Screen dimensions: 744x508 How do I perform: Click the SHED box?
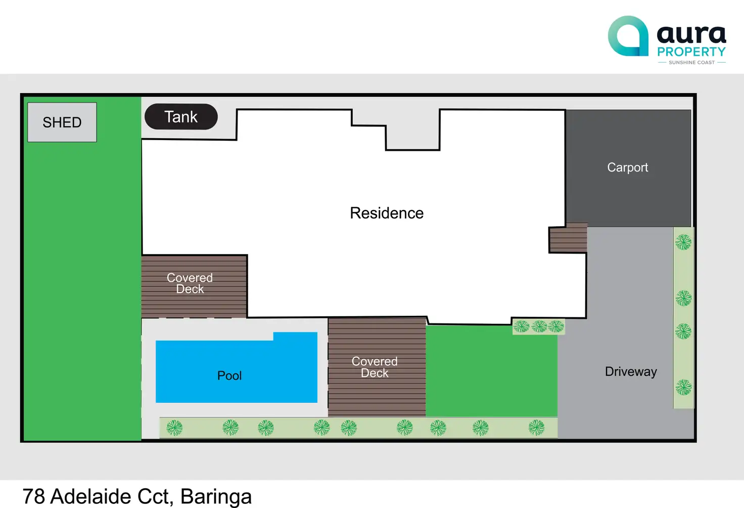(x=62, y=122)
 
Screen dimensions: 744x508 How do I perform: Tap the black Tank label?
(x=181, y=117)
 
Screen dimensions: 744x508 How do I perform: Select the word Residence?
(x=387, y=213)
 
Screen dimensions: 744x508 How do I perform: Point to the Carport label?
(x=627, y=167)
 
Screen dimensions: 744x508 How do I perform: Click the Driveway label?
(x=631, y=372)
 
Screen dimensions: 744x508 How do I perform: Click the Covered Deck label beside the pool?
(x=375, y=367)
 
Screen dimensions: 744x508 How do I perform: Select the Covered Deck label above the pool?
(x=190, y=283)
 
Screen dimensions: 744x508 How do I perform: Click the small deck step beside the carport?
(x=568, y=238)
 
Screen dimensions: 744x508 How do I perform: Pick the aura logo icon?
(x=628, y=36)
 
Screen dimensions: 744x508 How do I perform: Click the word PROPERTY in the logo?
(x=691, y=52)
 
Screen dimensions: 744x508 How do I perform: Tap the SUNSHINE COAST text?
(x=691, y=63)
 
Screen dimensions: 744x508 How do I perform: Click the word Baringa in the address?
(x=216, y=496)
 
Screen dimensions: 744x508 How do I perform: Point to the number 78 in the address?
(x=33, y=496)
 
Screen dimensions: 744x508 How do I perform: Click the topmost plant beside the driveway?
(x=683, y=242)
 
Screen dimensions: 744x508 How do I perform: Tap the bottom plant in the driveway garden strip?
(x=684, y=388)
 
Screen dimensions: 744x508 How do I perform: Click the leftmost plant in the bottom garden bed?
(x=174, y=428)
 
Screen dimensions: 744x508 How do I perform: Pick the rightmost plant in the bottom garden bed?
(x=536, y=428)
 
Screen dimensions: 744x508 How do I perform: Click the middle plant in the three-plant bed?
(x=539, y=326)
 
